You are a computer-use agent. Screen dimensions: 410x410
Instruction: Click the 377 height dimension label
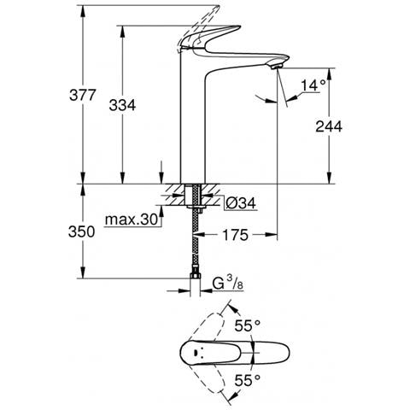[x=82, y=95]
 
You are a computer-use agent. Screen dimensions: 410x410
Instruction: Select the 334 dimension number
[x=122, y=105]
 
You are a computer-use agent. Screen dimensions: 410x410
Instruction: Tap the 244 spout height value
[x=329, y=126]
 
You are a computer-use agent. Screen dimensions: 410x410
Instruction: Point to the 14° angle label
[x=313, y=85]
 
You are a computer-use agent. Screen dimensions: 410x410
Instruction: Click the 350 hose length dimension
[x=82, y=231]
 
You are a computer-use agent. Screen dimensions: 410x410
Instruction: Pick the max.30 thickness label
[x=131, y=220]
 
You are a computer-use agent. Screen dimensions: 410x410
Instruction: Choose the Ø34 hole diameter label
[x=241, y=203]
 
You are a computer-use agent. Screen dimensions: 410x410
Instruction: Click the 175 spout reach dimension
[x=235, y=235]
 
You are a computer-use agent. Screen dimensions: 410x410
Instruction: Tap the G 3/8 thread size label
[x=228, y=284]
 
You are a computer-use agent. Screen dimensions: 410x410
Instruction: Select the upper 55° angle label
[x=247, y=325]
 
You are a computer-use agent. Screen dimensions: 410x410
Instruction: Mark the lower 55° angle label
[x=247, y=380]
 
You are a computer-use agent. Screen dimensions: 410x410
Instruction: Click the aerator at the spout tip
[x=276, y=67]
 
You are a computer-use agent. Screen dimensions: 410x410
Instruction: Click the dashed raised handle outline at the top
[x=198, y=27]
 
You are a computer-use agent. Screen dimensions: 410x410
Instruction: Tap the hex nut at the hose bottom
[x=196, y=276]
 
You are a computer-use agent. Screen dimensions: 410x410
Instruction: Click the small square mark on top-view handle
[x=196, y=353]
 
